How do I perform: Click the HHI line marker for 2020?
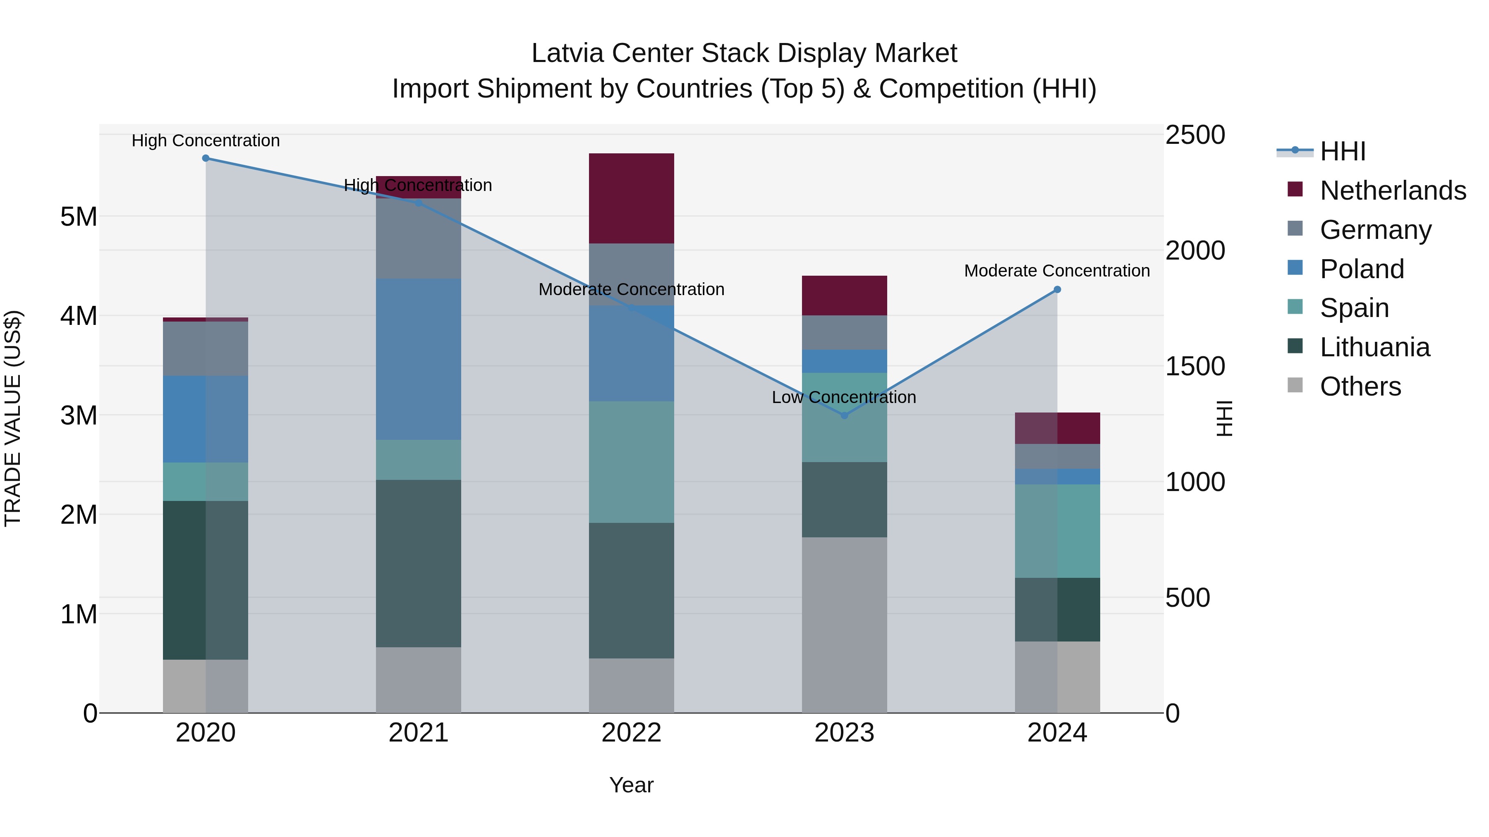[x=206, y=158]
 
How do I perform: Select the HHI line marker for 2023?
[x=844, y=415]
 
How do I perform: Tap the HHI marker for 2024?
[x=1057, y=289]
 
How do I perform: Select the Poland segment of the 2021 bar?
[x=419, y=359]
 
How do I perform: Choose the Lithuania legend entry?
[x=1374, y=348]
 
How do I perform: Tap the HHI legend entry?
[x=1342, y=151]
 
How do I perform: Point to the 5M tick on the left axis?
[x=79, y=217]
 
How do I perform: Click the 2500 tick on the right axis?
[x=1194, y=135]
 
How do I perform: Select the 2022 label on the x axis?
[x=631, y=733]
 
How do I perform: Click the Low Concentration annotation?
[x=844, y=397]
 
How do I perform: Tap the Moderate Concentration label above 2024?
[x=1057, y=270]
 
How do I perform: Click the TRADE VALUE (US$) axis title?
[x=13, y=418]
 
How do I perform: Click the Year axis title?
[x=631, y=785]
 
